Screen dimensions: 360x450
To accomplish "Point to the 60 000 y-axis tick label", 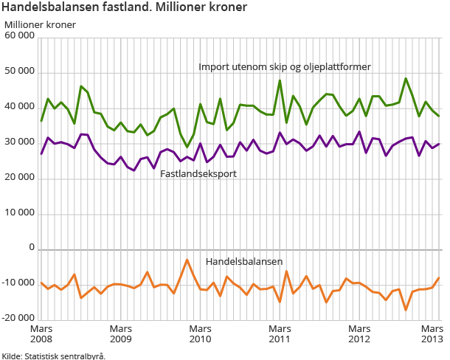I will point(19,36).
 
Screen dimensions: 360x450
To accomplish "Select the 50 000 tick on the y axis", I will point(19,72).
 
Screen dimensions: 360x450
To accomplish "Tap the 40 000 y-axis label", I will point(19,107).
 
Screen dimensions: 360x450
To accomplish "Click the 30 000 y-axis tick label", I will point(19,142).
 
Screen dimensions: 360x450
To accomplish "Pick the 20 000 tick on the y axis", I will point(19,178).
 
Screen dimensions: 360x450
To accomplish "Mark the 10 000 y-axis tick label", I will point(19,213).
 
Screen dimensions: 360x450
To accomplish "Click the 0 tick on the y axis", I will point(32,249).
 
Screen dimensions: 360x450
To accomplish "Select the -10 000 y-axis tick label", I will point(18,284).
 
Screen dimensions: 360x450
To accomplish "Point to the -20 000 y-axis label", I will point(18,319).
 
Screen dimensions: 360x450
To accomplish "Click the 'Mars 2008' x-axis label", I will point(41,333).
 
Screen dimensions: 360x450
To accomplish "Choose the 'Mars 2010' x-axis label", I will point(200,333).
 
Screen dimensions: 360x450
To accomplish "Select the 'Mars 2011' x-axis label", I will point(280,333).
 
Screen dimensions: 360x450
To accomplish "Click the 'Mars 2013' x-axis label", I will point(431,333).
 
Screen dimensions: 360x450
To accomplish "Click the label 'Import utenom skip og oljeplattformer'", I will point(284,66).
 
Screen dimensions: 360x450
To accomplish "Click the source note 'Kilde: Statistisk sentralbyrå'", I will point(53,356).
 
